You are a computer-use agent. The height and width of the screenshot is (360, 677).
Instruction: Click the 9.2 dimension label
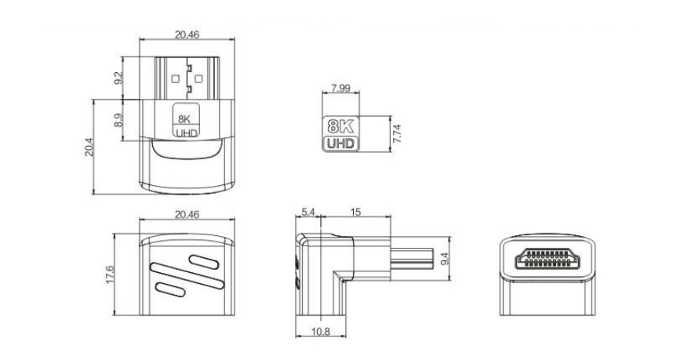click(118, 78)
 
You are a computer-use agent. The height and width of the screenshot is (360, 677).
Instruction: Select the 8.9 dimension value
click(118, 120)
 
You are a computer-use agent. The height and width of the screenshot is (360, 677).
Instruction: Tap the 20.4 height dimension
click(89, 147)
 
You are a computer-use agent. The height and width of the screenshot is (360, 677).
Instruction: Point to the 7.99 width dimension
click(340, 88)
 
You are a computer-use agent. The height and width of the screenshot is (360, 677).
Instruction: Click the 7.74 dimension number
click(397, 134)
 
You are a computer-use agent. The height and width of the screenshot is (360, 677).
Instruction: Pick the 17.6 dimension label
click(110, 275)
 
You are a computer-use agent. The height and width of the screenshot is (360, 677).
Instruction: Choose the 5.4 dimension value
click(308, 212)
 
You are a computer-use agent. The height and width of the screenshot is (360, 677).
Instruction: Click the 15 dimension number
click(355, 212)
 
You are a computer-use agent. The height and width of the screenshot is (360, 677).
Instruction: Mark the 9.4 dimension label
click(445, 259)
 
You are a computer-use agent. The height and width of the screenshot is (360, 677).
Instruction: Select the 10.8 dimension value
click(320, 332)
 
